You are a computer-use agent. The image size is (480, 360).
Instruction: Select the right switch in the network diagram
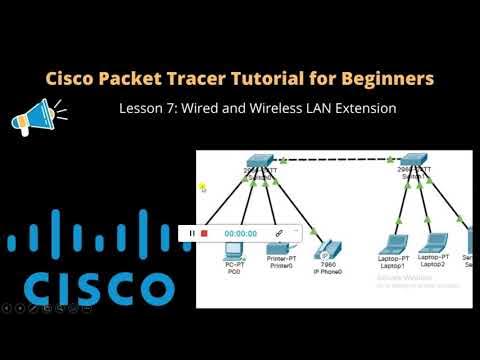tap(413, 163)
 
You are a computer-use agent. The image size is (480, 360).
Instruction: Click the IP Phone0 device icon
tap(324, 249)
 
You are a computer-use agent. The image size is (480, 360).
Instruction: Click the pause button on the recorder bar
tap(191, 233)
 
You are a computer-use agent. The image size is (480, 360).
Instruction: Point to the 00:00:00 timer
tap(241, 233)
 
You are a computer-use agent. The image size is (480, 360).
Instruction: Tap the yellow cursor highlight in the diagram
tap(202, 186)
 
